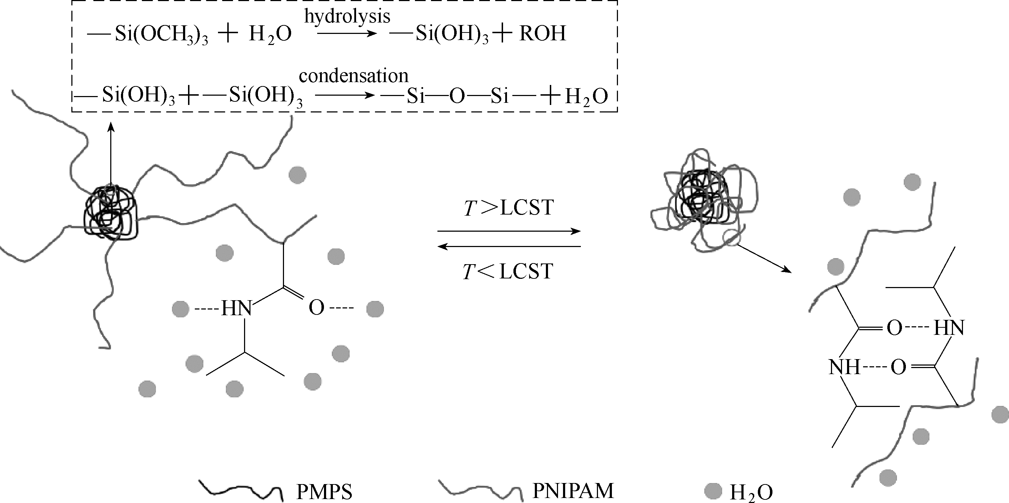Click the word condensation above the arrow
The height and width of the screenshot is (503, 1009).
coord(353,76)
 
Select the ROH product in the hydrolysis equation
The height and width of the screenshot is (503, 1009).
coord(542,34)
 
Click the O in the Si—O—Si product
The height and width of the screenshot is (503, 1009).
coord(457,96)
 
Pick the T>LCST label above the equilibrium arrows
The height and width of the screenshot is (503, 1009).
coord(508,207)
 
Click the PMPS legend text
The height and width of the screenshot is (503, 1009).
coord(324,492)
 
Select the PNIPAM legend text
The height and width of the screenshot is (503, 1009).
coord(573,490)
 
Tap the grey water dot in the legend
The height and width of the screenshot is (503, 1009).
coord(713,491)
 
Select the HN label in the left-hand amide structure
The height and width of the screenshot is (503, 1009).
coord(236,308)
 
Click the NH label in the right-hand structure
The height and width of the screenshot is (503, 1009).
coord(844,367)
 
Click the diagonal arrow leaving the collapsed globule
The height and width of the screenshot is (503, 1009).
coord(764,258)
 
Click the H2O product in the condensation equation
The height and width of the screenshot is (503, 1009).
coord(586,96)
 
